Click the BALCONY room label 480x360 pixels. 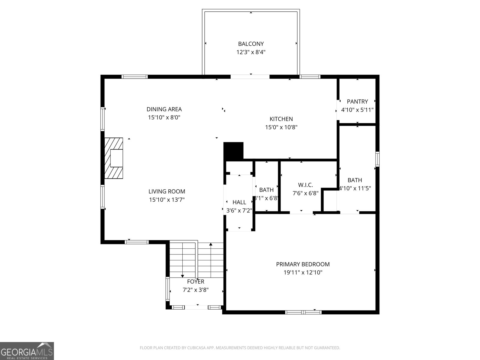251,44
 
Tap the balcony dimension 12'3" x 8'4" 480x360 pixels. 251,52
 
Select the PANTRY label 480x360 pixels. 357,101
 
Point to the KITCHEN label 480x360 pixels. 281,119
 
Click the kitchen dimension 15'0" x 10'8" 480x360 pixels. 281,127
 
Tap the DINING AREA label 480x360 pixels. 164,109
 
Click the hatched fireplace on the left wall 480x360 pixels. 114,158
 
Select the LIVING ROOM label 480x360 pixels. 167,191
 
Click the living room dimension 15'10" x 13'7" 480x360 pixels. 167,200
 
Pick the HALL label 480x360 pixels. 239,202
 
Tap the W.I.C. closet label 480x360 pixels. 305,185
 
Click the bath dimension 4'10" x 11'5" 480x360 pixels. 355,188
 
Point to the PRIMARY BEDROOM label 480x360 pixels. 303,264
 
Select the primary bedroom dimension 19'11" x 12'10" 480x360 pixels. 303,273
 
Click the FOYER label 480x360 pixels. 196,281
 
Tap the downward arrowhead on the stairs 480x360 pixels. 182,276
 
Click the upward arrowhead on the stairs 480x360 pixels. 211,244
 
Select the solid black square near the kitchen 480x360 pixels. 233,151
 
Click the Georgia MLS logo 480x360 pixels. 27,351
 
